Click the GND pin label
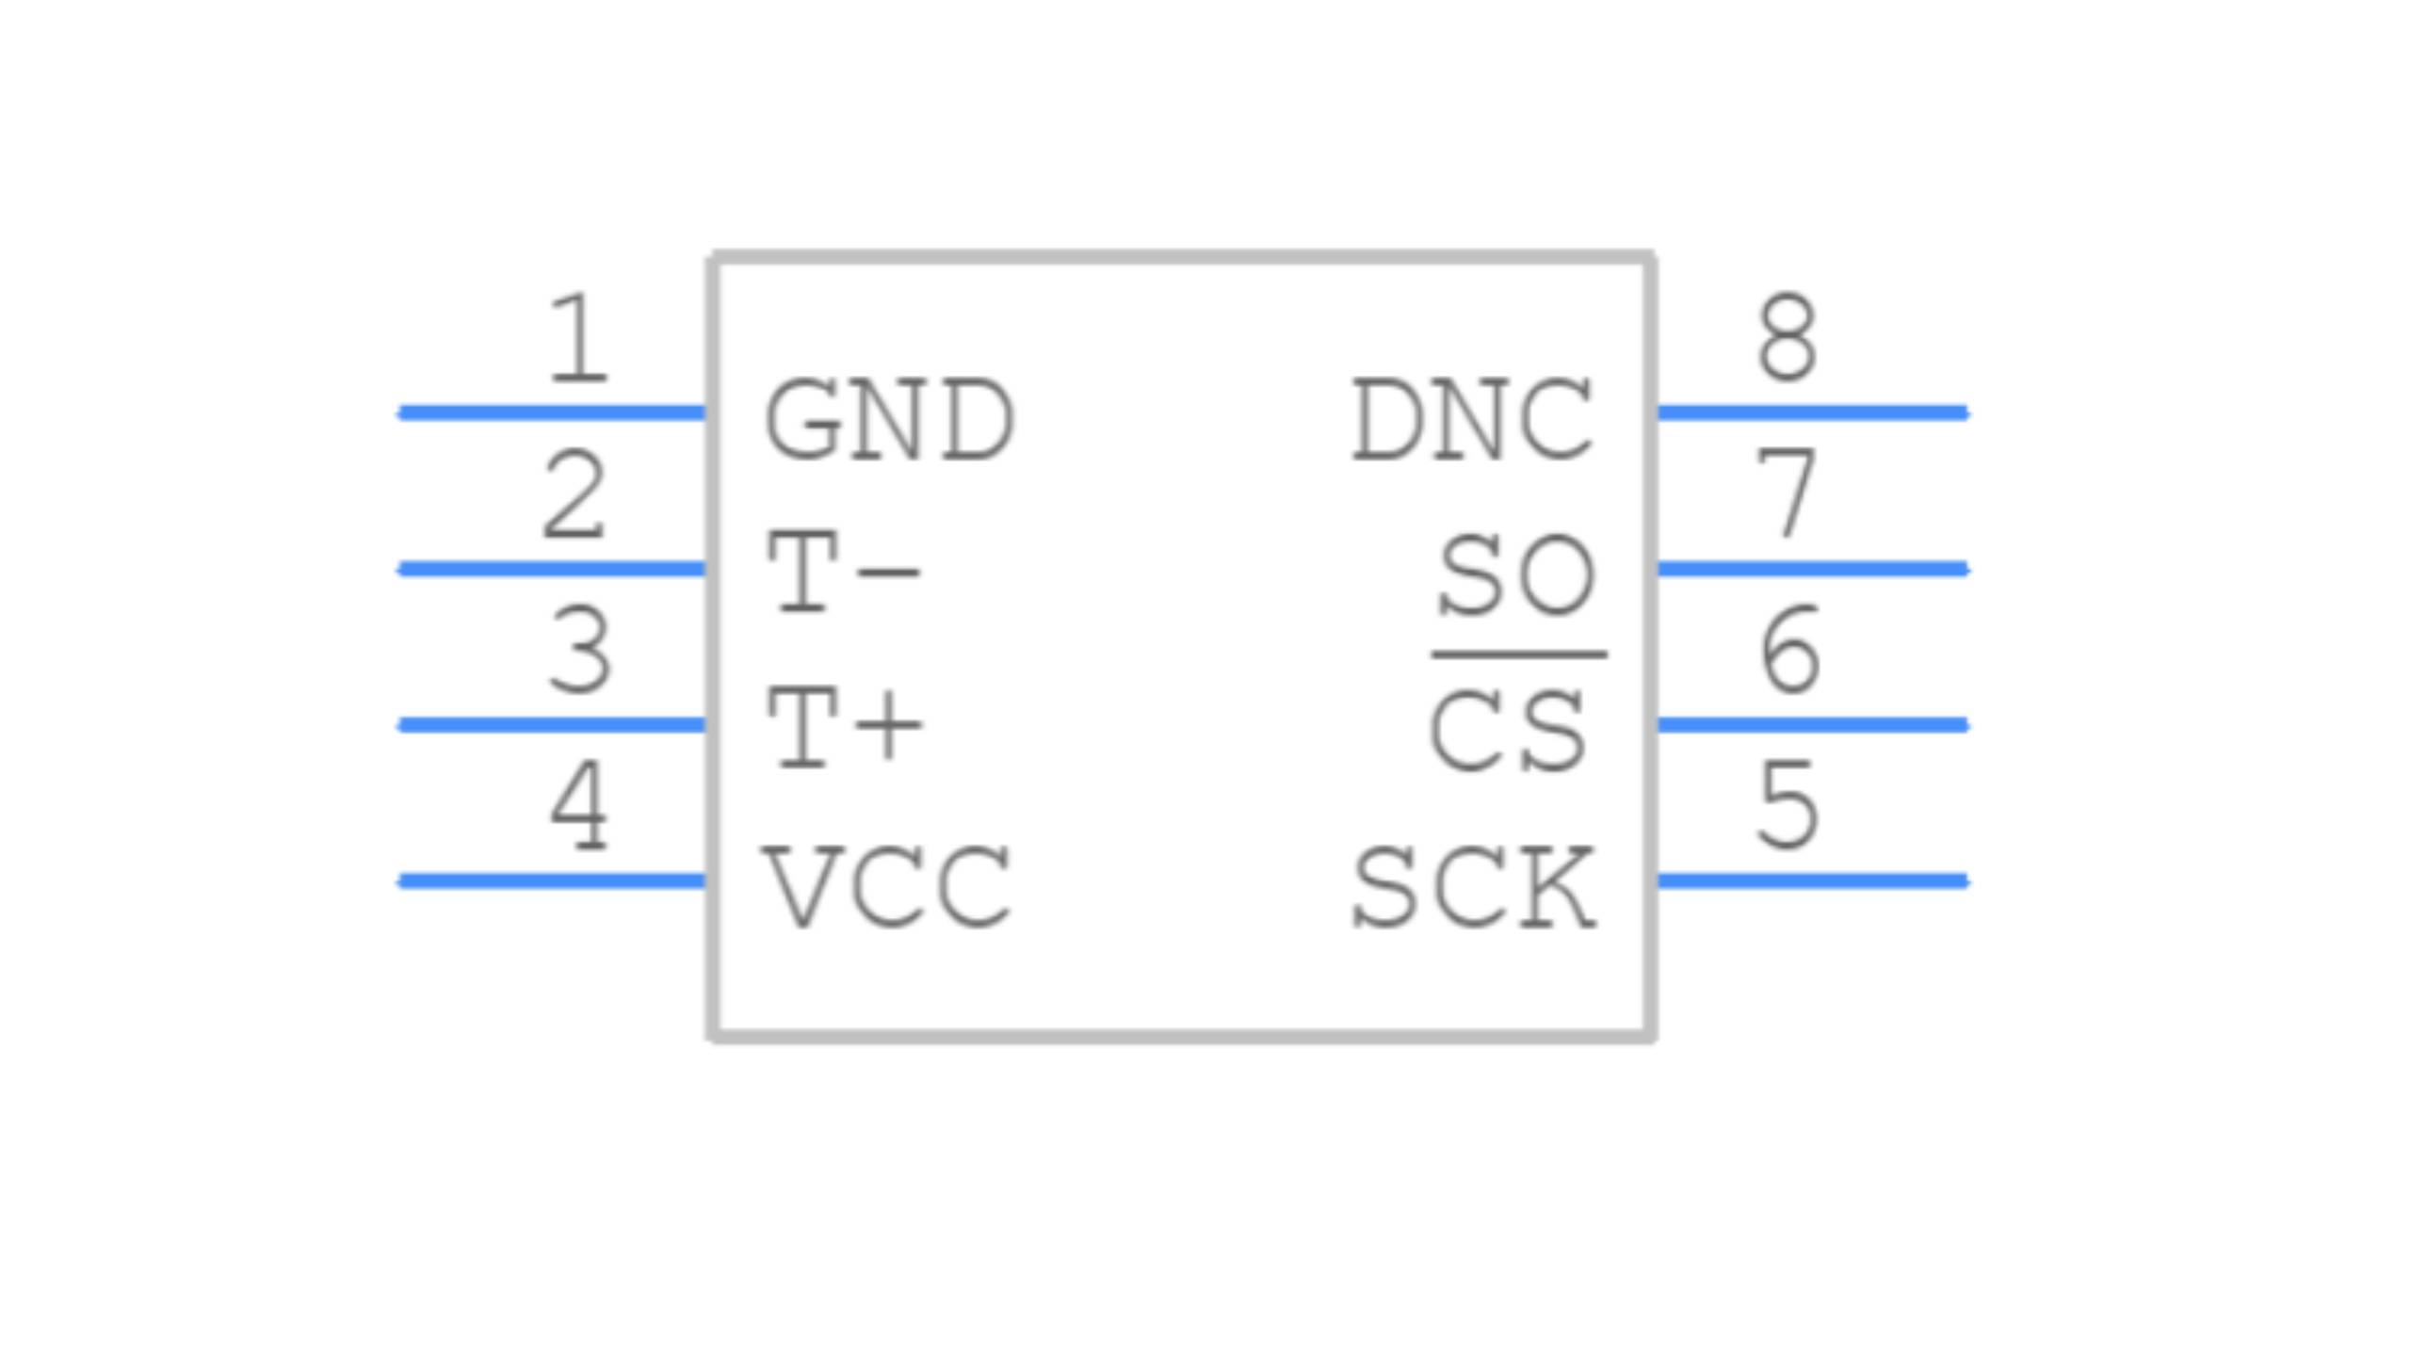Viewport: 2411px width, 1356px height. (x=889, y=419)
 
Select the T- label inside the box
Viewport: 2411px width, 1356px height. (x=844, y=572)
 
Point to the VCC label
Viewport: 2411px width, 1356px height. (x=887, y=885)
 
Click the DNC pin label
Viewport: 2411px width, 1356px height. (x=1473, y=419)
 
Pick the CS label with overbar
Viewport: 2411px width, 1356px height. (x=1509, y=730)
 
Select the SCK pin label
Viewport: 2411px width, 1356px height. (x=1473, y=886)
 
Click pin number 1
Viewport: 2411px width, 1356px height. (x=578, y=338)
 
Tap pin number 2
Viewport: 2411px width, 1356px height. (x=574, y=494)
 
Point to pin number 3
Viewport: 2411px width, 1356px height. (x=579, y=650)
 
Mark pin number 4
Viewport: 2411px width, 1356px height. (x=579, y=806)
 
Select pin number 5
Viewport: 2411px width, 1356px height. (x=1787, y=806)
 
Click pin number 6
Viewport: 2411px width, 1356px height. (x=1788, y=650)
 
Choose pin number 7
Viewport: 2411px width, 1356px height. (x=1787, y=492)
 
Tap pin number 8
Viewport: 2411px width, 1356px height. (x=1787, y=338)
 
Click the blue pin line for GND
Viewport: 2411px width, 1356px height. (x=552, y=412)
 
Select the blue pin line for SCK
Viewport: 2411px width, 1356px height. (x=1810, y=881)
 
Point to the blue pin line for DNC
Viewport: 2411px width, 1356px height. (x=1810, y=412)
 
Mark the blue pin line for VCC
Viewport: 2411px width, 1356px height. (x=552, y=881)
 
